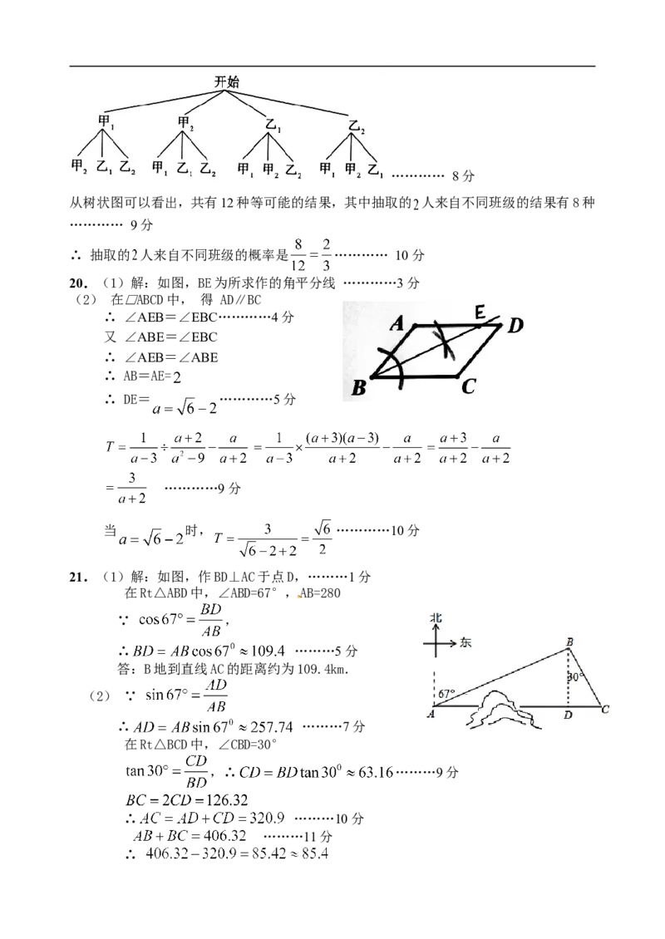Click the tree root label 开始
[x=227, y=82]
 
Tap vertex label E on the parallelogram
[x=480, y=312]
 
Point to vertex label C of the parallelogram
[x=469, y=387]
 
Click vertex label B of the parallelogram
[x=358, y=389]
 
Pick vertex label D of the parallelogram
[x=515, y=326]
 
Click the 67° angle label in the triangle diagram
[x=447, y=694]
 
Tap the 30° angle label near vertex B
[x=575, y=677]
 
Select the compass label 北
[x=436, y=617]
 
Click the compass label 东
[x=465, y=642]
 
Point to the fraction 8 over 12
[x=298, y=255]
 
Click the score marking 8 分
[x=463, y=176]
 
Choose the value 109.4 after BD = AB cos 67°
[x=268, y=651]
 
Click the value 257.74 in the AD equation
[x=271, y=727]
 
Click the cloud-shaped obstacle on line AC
[x=501, y=710]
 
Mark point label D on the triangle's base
[x=568, y=715]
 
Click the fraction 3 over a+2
[x=132, y=488]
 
